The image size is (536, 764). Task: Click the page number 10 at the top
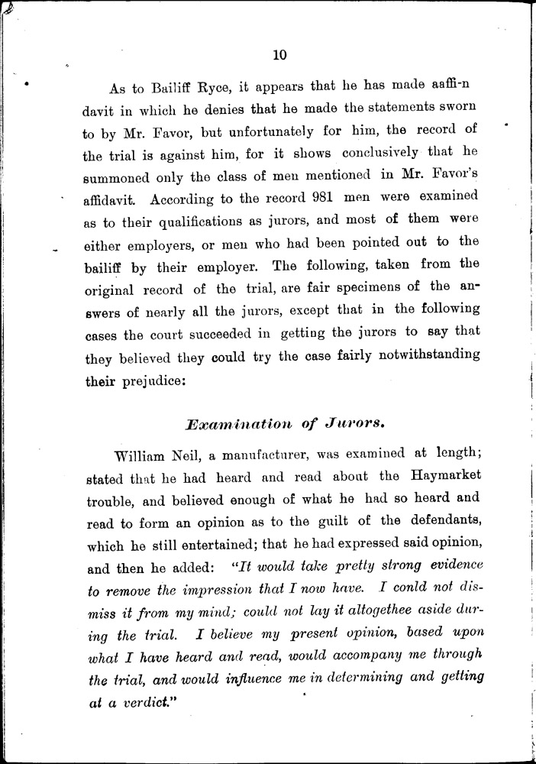tap(277, 54)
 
